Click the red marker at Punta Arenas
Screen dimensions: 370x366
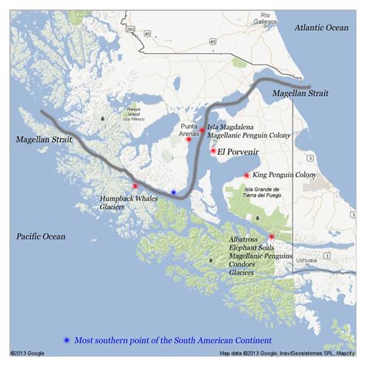pos(188,140)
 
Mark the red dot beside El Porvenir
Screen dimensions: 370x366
pos(212,151)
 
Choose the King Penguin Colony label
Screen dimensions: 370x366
pos(285,175)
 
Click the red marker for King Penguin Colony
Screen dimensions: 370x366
pos(246,175)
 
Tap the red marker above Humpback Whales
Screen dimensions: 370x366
pos(135,186)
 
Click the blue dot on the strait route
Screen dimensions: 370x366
pos(174,191)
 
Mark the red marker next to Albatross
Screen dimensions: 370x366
pos(271,236)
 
